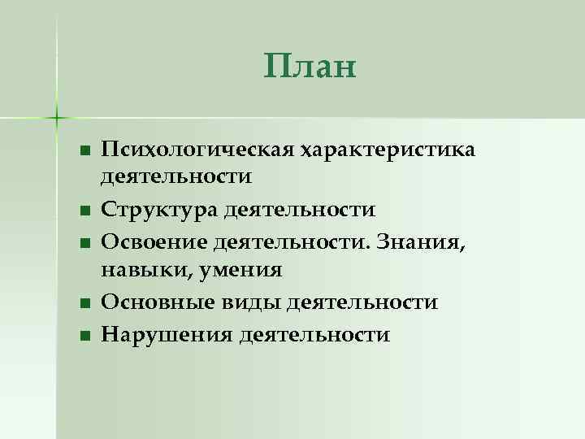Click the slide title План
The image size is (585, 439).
tap(310, 67)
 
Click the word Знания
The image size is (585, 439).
tap(432, 241)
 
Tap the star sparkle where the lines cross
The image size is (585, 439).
tap(57, 117)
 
